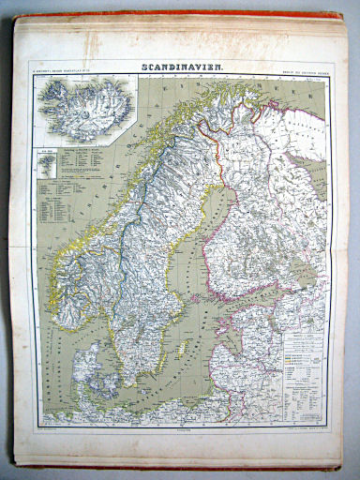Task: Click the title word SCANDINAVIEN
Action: (180, 67)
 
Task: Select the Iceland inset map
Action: (84, 108)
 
